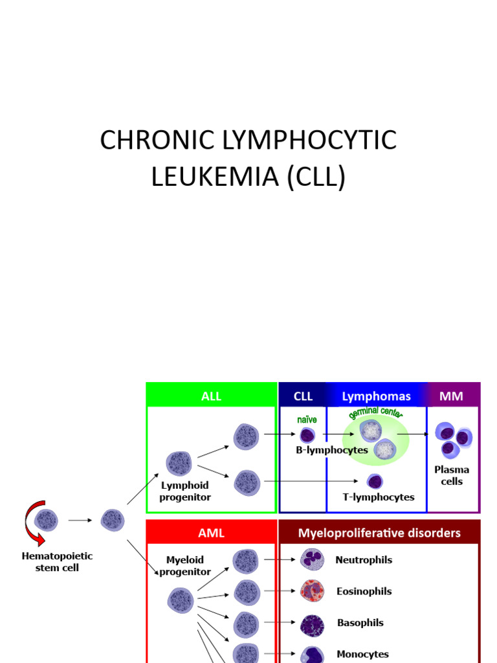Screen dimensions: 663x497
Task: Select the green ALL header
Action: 211,396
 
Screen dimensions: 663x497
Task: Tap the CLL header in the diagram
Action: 303,396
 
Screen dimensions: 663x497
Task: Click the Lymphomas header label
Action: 376,396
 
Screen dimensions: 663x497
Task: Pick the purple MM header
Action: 451,396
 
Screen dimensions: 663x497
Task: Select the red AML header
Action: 211,533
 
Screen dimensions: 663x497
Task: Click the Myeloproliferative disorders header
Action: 379,533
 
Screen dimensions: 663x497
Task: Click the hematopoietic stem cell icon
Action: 46,519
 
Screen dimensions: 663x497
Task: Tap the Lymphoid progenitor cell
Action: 179,464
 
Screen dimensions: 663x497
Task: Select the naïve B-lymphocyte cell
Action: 307,436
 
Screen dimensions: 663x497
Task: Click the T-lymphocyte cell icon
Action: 374,481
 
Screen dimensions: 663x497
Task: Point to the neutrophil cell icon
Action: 312,559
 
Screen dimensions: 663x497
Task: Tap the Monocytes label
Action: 362,654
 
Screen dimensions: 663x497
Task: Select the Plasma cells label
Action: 452,475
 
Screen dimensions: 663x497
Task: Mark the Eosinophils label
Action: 364,591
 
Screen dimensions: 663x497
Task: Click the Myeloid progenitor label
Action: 185,565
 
